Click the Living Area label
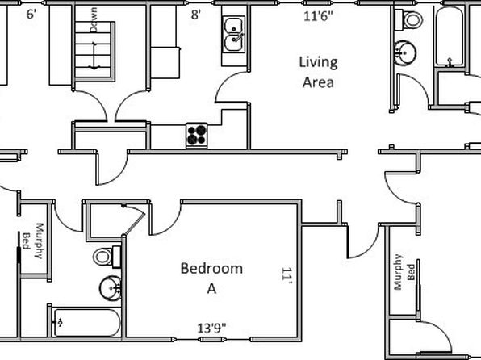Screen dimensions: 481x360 pyautogui.click(x=319, y=73)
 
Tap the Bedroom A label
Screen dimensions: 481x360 pyautogui.click(x=211, y=278)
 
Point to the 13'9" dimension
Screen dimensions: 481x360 pyautogui.click(x=211, y=329)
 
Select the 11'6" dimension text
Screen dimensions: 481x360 pyautogui.click(x=318, y=16)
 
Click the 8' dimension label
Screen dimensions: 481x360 pyautogui.click(x=196, y=15)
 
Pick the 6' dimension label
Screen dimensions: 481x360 pyautogui.click(x=31, y=15)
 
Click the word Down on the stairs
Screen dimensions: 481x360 pyautogui.click(x=94, y=20)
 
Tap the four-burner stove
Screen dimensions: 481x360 pyautogui.click(x=197, y=135)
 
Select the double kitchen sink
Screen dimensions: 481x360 pyautogui.click(x=234, y=35)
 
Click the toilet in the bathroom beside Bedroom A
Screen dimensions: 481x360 pyautogui.click(x=107, y=257)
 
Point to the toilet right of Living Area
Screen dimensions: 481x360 pyautogui.click(x=408, y=20)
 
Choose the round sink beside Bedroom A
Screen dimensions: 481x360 pyautogui.click(x=110, y=288)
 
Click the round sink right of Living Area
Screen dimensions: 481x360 pyautogui.click(x=404, y=53)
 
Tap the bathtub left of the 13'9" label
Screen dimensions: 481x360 pyautogui.click(x=86, y=323)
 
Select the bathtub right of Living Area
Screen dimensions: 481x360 pyautogui.click(x=449, y=36)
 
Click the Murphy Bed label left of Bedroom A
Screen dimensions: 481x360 pyautogui.click(x=33, y=241)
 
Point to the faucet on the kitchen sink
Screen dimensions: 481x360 pyautogui.click(x=238, y=37)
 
